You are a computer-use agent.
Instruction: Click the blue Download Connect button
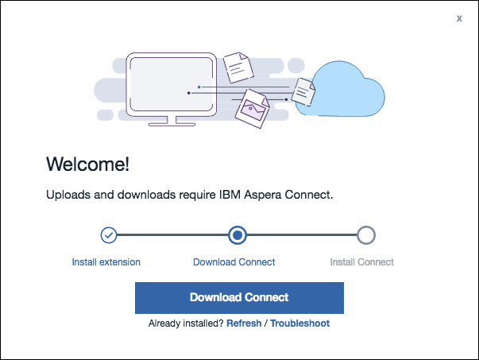[239, 297]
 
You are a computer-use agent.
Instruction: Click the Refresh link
[244, 323]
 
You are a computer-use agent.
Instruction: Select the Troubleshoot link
[299, 323]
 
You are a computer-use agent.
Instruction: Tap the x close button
[459, 18]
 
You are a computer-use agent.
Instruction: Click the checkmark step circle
[109, 235]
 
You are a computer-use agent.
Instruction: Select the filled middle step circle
[237, 235]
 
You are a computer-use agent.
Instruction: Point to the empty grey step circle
[365, 235]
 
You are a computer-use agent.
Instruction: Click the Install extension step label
[106, 261]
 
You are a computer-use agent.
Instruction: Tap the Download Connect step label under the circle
[234, 261]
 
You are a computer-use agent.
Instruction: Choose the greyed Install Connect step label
[361, 261]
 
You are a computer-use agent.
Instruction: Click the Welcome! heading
[87, 165]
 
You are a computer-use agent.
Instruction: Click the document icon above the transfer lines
[237, 68]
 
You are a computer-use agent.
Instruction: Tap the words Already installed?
[186, 323]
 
